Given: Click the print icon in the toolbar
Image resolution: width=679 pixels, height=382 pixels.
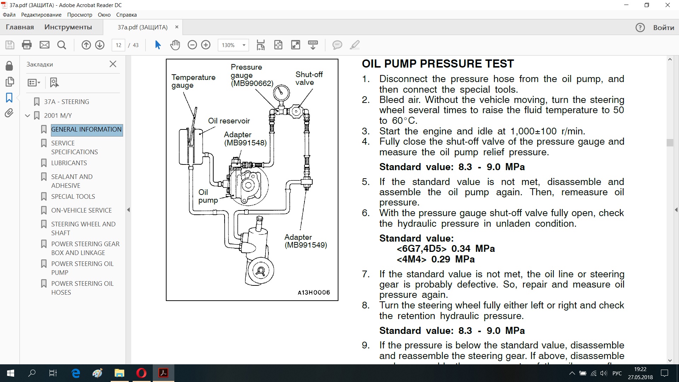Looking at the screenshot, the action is click(x=27, y=45).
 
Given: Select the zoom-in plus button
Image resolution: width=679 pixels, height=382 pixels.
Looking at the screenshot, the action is click(x=206, y=45).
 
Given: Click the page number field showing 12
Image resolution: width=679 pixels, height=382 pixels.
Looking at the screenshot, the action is click(x=118, y=45).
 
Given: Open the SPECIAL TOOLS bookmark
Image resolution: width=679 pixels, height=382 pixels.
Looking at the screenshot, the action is click(x=73, y=196).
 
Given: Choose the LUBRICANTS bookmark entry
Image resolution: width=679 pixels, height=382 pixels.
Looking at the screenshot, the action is click(x=69, y=163).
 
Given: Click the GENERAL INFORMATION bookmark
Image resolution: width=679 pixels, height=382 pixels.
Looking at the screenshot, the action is click(x=86, y=129).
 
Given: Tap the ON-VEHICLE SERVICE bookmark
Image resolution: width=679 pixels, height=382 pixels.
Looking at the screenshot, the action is click(x=81, y=210).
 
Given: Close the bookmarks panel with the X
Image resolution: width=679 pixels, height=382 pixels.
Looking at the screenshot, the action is click(x=113, y=64).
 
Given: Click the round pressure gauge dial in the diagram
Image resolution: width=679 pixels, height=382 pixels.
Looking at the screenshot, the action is click(x=282, y=93).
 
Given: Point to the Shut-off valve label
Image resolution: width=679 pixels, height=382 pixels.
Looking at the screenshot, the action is click(x=309, y=78).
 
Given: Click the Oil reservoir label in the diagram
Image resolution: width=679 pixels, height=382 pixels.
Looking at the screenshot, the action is click(x=229, y=121).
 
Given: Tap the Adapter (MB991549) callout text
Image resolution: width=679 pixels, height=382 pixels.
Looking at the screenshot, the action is click(x=306, y=241).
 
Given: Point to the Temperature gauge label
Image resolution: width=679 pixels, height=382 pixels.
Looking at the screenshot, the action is click(x=193, y=81).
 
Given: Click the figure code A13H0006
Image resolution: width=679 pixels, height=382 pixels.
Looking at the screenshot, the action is click(x=314, y=293).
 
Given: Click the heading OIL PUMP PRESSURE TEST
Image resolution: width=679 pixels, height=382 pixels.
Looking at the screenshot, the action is click(x=438, y=64).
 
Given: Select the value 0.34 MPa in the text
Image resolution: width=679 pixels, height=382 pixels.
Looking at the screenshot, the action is click(x=473, y=249).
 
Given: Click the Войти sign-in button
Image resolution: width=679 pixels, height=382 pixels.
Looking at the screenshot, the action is click(x=664, y=27).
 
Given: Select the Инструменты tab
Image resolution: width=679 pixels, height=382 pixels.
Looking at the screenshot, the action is click(x=68, y=27).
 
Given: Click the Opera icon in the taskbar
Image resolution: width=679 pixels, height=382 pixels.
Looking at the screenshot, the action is click(x=141, y=373).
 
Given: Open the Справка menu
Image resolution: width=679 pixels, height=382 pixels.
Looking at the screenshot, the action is click(x=126, y=15).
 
